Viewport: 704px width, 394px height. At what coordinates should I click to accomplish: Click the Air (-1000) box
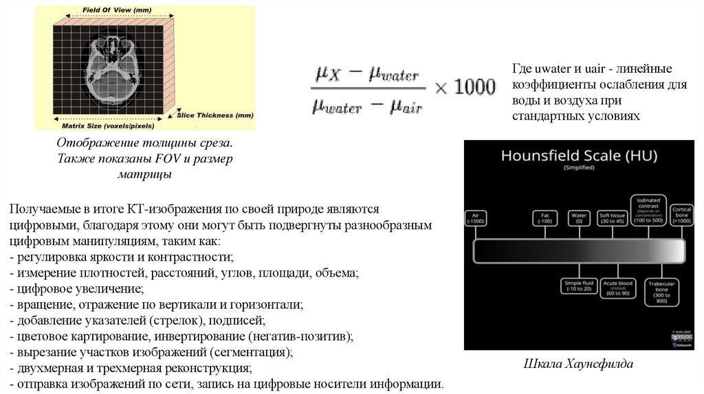(x=475, y=218)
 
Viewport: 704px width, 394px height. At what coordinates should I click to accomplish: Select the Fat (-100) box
(x=545, y=218)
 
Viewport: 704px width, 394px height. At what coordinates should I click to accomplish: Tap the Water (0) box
(x=579, y=218)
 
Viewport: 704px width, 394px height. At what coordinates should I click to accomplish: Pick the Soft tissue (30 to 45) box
(x=612, y=218)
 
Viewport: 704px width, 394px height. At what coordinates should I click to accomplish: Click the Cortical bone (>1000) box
(x=682, y=214)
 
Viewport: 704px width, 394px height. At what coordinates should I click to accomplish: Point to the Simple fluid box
(x=577, y=286)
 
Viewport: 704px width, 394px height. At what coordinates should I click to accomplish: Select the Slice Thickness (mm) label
(x=215, y=115)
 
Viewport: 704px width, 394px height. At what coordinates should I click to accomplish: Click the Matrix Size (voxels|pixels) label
(x=108, y=126)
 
